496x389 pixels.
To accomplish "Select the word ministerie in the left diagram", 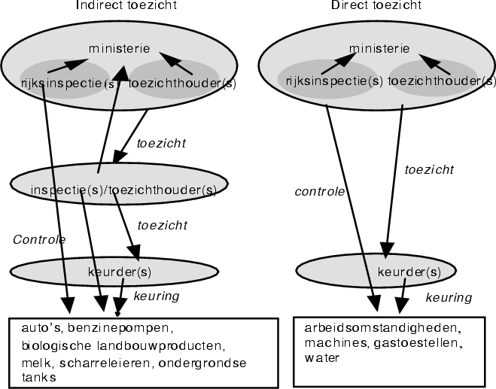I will point(118,49).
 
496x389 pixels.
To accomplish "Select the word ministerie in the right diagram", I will point(380,49).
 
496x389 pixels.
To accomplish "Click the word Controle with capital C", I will point(39,239).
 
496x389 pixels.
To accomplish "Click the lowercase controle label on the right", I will point(319,192).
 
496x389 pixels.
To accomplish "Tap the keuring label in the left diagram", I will point(156,296).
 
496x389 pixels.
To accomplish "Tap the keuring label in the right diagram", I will point(449,298).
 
